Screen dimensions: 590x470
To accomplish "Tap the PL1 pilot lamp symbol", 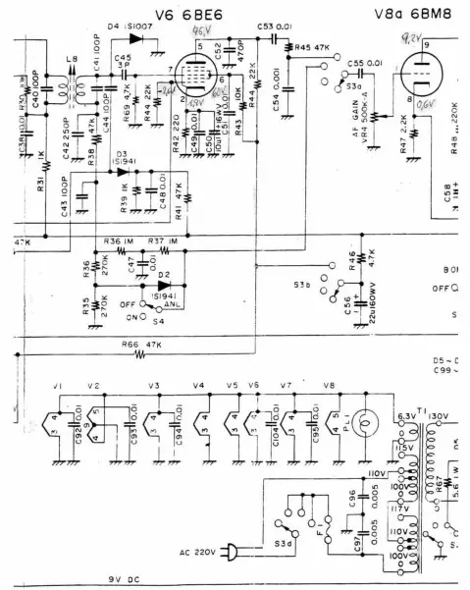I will [x=364, y=424].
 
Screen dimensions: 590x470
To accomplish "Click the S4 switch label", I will [x=158, y=320].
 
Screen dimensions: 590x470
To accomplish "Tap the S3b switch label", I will [x=302, y=285].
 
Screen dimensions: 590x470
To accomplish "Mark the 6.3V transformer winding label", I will [x=405, y=415].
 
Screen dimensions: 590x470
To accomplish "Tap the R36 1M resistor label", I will [x=118, y=241].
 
